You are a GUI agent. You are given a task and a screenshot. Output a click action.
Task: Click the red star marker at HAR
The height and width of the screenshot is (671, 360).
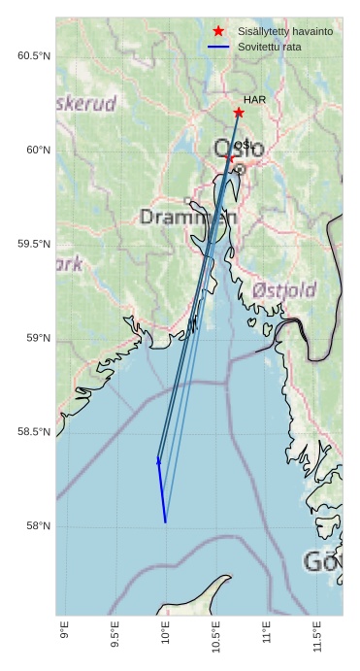(x=239, y=113)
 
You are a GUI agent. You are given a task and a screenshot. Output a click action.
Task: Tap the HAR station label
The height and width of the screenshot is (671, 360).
(x=254, y=100)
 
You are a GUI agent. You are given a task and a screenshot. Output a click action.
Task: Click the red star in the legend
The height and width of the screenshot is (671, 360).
(x=218, y=31)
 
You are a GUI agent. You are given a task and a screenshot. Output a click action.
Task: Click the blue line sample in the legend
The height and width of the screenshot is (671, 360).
(x=218, y=47)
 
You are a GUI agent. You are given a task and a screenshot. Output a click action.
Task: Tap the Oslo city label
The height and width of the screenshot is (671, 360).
(x=237, y=151)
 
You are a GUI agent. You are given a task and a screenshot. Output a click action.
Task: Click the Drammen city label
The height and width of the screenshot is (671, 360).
(x=187, y=217)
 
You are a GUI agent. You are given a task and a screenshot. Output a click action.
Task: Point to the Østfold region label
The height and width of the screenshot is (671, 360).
(x=283, y=289)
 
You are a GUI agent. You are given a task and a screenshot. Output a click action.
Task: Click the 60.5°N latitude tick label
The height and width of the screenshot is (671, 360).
(x=34, y=56)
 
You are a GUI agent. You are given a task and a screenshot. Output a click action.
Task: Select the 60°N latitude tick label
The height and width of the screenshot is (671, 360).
(x=38, y=150)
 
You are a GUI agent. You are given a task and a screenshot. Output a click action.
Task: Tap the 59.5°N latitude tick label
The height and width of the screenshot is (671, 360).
(x=34, y=244)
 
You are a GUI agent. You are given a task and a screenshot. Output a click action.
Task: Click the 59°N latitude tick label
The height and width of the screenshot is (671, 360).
(x=38, y=338)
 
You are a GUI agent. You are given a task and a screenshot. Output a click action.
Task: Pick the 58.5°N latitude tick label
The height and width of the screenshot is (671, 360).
(x=34, y=432)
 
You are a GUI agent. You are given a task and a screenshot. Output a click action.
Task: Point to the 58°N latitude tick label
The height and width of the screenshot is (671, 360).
(x=38, y=526)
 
